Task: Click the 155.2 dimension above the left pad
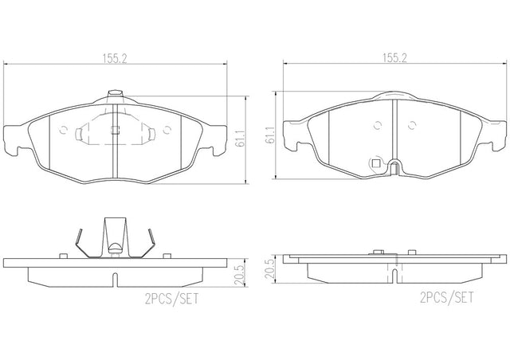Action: pyautogui.click(x=115, y=58)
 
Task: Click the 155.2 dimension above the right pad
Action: pyautogui.click(x=394, y=58)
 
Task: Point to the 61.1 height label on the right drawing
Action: pyautogui.click(x=270, y=135)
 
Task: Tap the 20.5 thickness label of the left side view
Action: pyautogui.click(x=240, y=275)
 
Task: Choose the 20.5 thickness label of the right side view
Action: pyautogui.click(x=270, y=268)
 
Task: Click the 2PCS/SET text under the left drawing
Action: pyautogui.click(x=171, y=299)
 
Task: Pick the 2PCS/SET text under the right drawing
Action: pyautogui.click(x=447, y=297)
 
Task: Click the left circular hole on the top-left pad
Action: pyautogui.click(x=64, y=130)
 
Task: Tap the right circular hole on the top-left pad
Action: pyautogui.click(x=167, y=130)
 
